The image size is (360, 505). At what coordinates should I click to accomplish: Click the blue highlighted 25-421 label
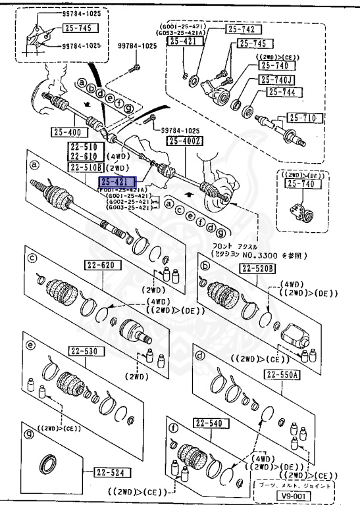click(117, 182)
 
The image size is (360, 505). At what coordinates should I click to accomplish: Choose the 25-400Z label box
click(186, 141)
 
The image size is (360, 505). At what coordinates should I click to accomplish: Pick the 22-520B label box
click(257, 268)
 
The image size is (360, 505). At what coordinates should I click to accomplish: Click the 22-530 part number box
click(88, 352)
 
